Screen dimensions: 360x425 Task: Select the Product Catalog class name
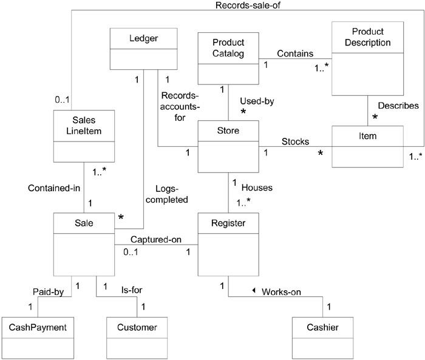tap(228, 48)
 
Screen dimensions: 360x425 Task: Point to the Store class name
tap(228, 130)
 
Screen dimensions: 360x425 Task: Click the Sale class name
tap(84, 224)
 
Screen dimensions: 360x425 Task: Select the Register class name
tap(228, 224)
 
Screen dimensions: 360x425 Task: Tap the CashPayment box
tap(37, 327)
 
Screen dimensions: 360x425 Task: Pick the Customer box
tap(137, 327)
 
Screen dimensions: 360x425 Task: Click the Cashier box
tap(323, 327)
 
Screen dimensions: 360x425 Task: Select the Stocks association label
tap(295, 141)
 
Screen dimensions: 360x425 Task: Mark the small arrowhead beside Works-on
tap(254, 290)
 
